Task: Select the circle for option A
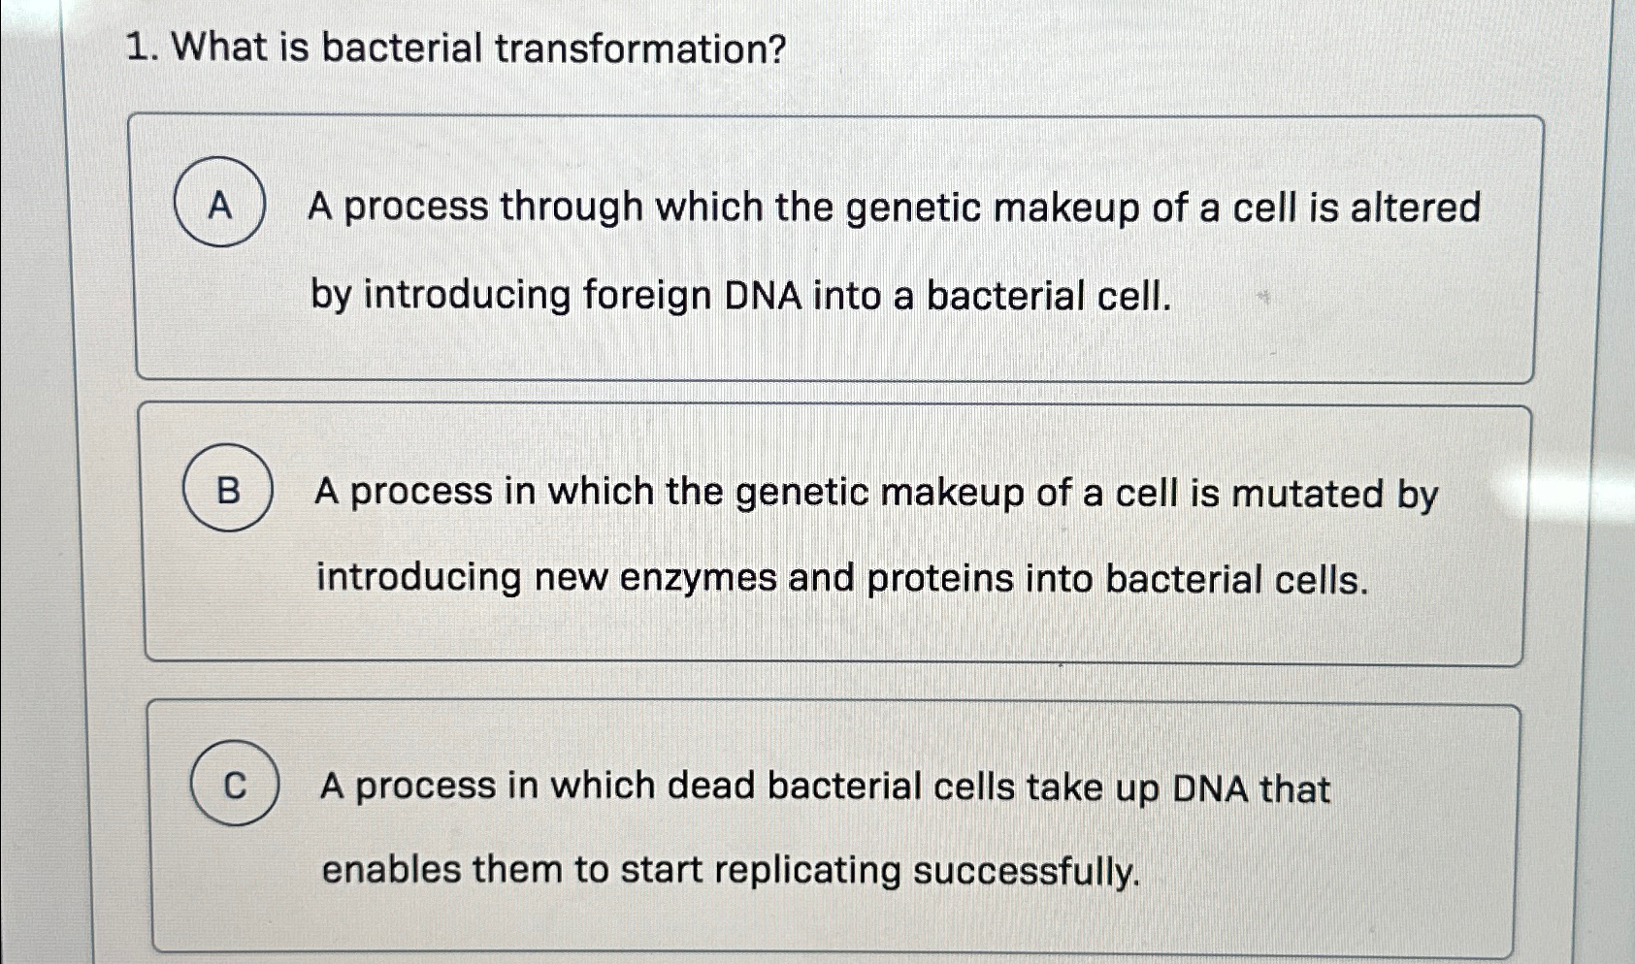(219, 203)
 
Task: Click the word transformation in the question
(640, 48)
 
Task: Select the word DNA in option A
(764, 295)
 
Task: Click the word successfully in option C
(1027, 871)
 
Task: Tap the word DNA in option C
(1210, 788)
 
